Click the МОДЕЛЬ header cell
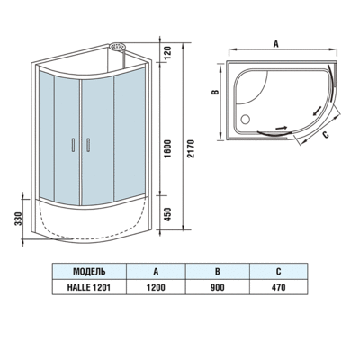(x=88, y=270)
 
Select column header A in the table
(x=156, y=270)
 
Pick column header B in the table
(x=216, y=270)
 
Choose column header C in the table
(x=278, y=270)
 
